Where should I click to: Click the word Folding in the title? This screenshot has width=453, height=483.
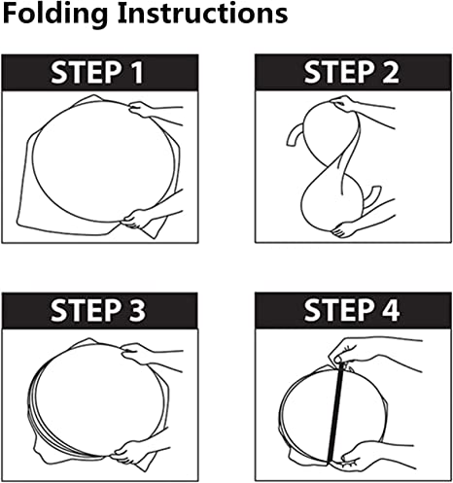tap(55, 14)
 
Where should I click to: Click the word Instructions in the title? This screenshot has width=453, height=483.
tap(202, 13)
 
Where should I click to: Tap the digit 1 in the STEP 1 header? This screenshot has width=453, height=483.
tap(137, 73)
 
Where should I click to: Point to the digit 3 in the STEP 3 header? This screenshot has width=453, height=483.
tap(137, 311)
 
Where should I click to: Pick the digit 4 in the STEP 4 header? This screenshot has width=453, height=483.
tap(391, 310)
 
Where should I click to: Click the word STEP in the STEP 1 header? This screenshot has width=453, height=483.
tap(87, 73)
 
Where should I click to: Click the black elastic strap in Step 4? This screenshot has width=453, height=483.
tap(335, 413)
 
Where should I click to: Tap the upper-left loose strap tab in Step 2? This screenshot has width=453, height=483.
tap(294, 136)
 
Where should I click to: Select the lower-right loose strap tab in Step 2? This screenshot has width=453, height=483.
tap(371, 197)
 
